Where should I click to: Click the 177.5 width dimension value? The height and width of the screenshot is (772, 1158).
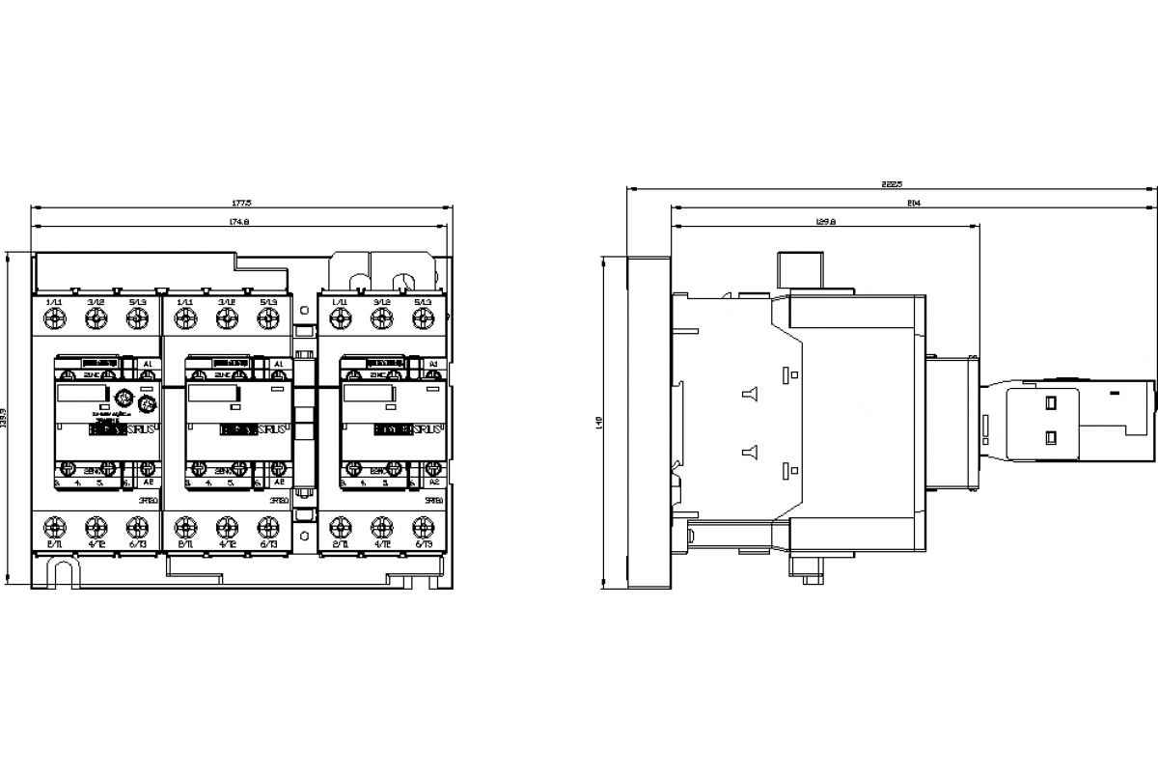point(241,204)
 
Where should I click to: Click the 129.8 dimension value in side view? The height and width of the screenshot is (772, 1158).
point(825,222)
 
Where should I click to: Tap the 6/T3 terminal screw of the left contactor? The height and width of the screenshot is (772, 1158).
point(137,526)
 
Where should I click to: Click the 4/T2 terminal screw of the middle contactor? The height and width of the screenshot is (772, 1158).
point(227,526)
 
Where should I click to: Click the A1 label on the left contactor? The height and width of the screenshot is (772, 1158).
point(148,364)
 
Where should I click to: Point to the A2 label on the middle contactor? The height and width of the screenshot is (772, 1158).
point(279,481)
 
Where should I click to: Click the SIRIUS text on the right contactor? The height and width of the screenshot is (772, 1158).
point(429,428)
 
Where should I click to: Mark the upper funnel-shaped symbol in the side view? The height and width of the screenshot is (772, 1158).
point(748,393)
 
